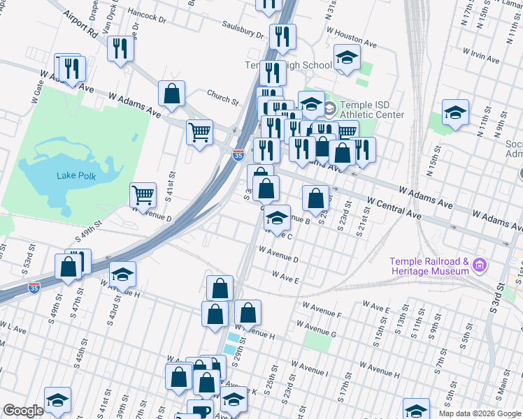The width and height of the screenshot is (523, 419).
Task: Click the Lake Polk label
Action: coord(78,174)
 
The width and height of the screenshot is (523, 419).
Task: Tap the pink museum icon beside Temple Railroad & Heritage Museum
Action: coord(479,265)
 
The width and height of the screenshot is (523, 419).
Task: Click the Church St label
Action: coord(222,96)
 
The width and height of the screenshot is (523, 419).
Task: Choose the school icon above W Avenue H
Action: coord(122,273)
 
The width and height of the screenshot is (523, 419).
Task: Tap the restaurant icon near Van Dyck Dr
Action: coord(121,48)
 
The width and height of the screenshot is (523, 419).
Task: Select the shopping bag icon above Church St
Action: coord(171,92)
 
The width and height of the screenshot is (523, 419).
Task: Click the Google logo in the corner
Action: coord(23,411)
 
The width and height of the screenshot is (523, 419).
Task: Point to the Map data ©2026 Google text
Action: coord(480,413)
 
